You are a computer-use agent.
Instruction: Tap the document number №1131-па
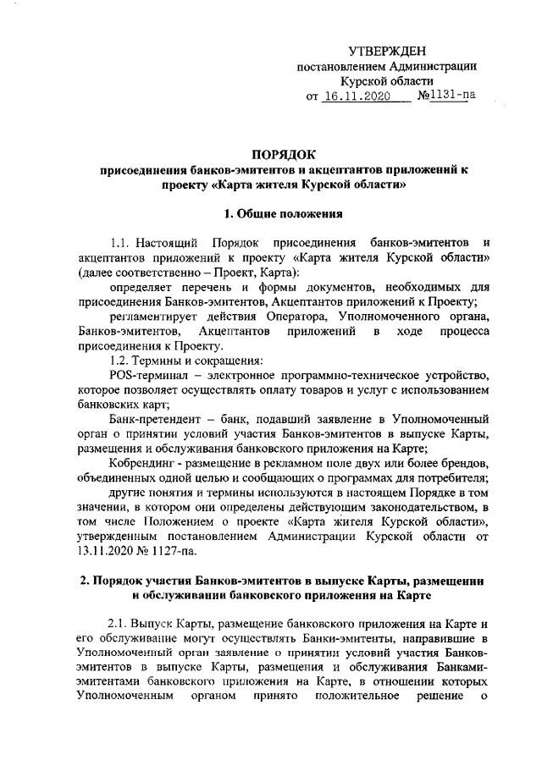[447, 96]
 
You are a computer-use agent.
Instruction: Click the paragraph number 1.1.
[122, 244]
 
